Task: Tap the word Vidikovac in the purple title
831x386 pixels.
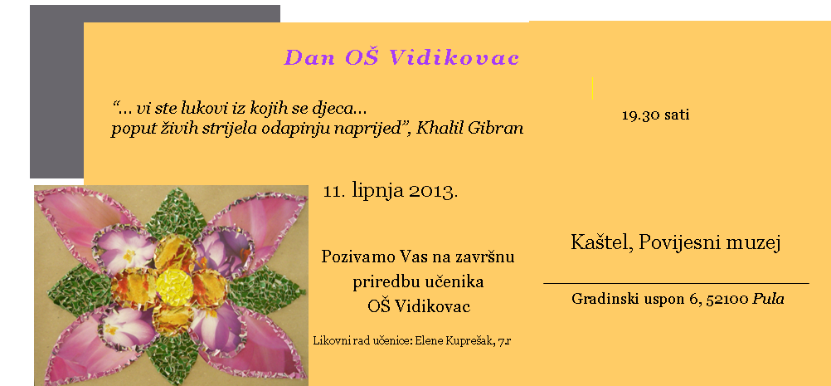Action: coord(454,57)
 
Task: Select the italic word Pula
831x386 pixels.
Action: coord(769,299)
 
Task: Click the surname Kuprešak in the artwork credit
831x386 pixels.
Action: coord(469,341)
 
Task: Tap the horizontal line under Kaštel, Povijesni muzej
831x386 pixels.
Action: coord(676,284)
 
